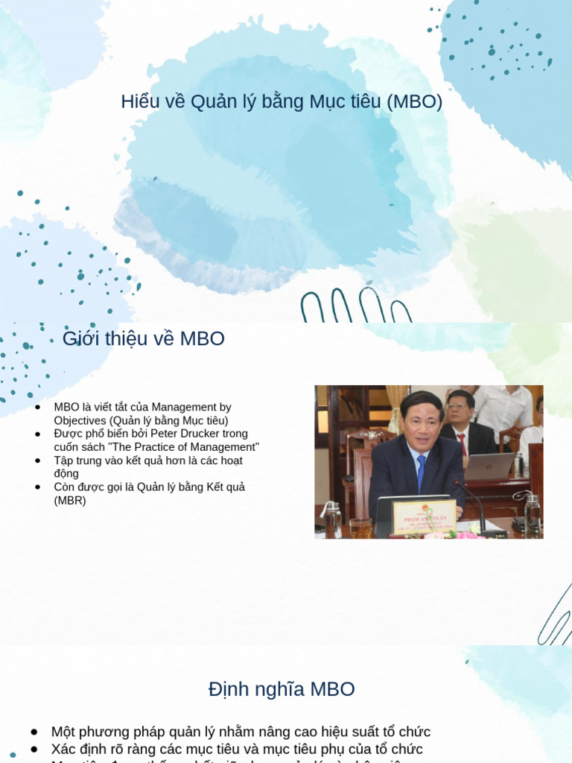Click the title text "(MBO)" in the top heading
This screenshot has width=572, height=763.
415,102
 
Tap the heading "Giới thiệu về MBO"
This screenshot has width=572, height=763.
144,339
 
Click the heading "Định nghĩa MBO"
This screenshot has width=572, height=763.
282,689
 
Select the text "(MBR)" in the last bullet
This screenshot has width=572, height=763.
70,501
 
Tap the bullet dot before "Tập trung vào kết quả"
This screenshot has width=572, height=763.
38,461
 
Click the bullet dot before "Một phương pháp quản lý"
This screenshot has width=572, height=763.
34,732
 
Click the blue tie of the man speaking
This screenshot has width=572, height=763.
422,472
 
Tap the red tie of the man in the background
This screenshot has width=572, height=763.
462,444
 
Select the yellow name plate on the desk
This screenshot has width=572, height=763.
424,516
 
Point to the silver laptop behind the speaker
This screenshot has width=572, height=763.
489,466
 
